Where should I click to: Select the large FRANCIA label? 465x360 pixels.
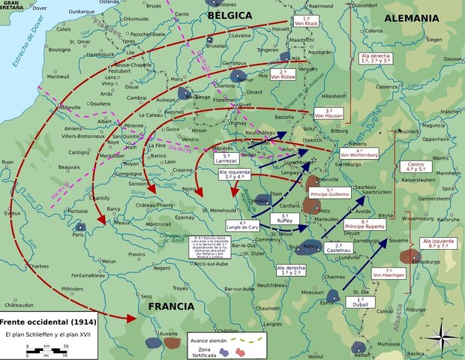pos(172,306)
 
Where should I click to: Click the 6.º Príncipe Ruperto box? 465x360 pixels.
pos(364,223)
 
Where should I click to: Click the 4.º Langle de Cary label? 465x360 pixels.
pos(242,225)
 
